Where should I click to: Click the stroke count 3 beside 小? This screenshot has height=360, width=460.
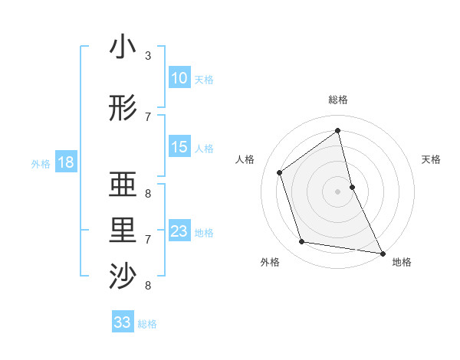(148, 56)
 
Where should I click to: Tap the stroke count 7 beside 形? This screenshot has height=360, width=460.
(148, 116)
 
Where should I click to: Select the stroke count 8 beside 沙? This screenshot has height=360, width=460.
(148, 286)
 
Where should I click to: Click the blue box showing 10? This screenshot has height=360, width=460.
(179, 78)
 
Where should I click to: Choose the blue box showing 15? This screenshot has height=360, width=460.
(179, 147)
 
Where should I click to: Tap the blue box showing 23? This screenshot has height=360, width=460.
(179, 231)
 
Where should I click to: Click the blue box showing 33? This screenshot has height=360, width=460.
(122, 322)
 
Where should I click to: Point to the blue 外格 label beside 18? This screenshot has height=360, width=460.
(41, 163)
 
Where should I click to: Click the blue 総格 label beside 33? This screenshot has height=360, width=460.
(147, 324)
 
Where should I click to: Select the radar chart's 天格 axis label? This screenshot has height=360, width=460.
(431, 159)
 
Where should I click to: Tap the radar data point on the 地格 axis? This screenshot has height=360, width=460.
(382, 253)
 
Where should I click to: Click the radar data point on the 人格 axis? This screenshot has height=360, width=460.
(280, 172)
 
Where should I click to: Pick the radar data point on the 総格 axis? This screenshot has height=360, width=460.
(337, 131)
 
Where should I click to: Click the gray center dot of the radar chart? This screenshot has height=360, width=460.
(337, 191)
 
